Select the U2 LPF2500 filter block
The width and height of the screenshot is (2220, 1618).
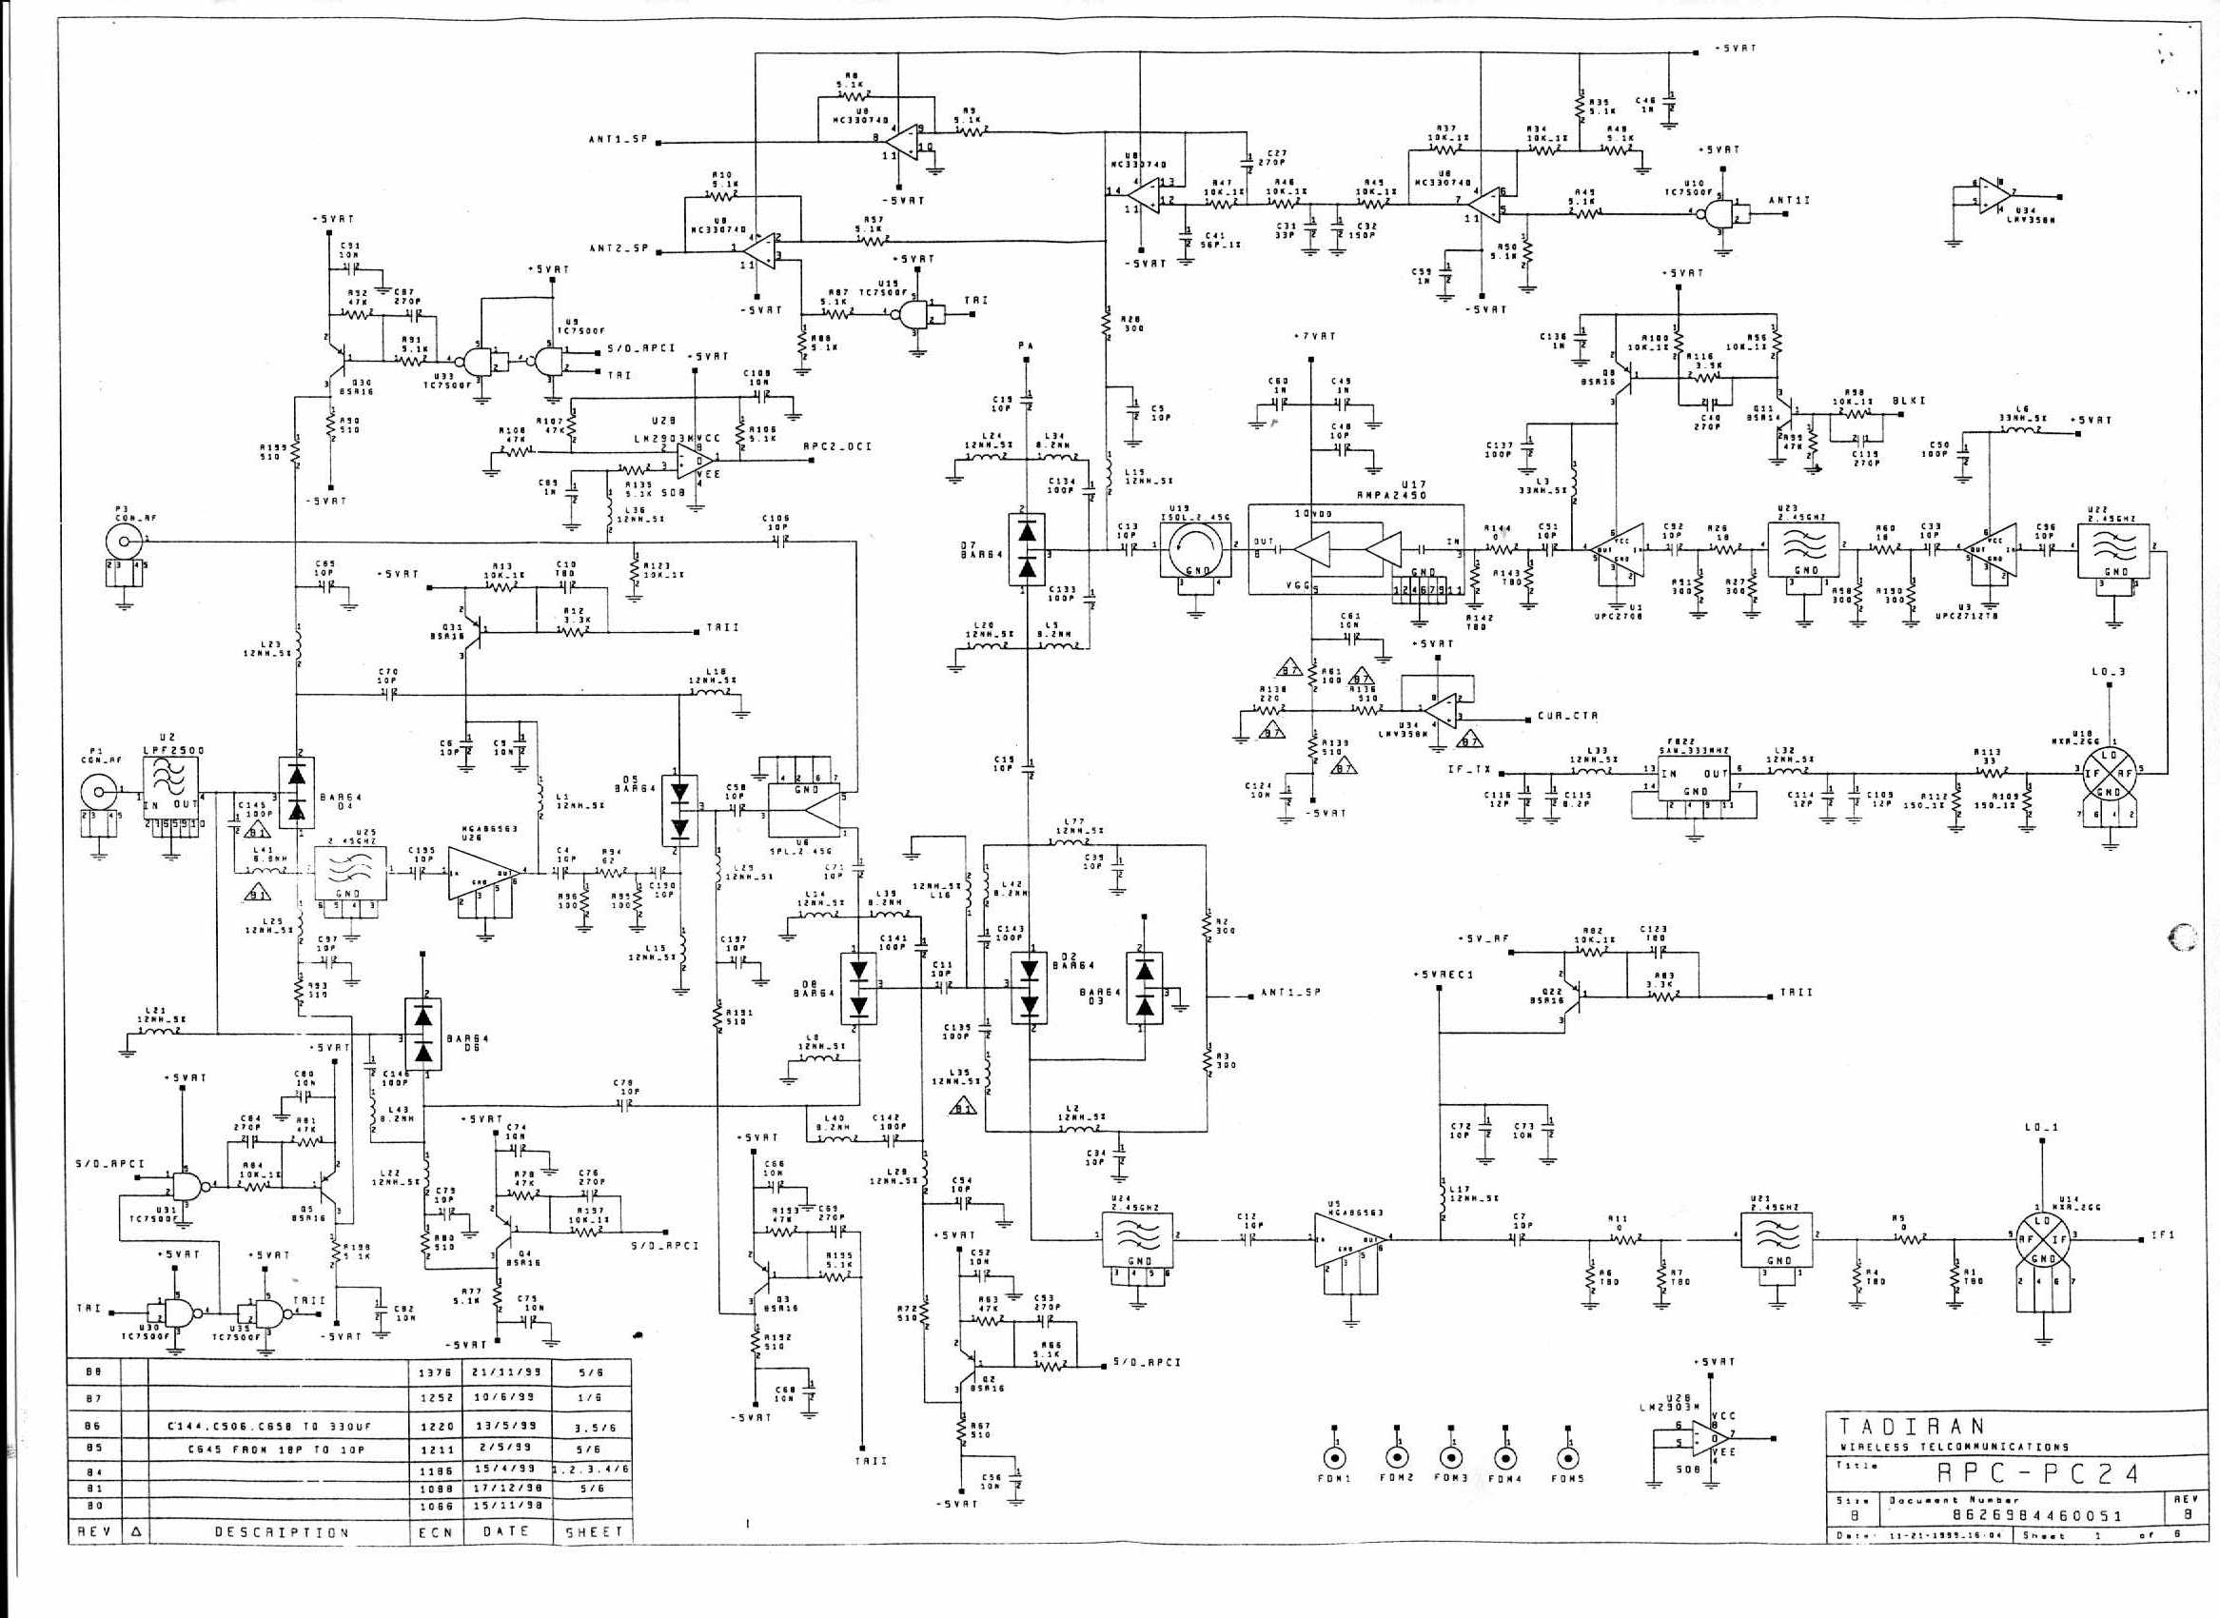click(x=173, y=794)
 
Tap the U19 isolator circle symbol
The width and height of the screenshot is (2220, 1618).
click(x=1195, y=551)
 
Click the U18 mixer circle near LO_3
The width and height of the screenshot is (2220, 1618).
click(x=2108, y=769)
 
